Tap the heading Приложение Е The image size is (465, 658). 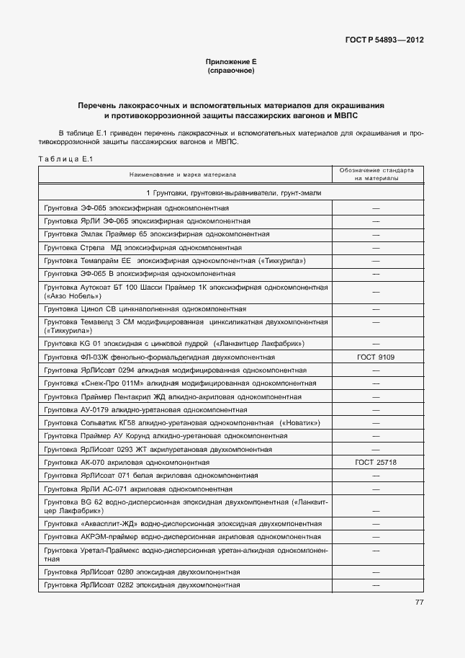[231, 63]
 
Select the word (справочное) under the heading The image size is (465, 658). [231, 71]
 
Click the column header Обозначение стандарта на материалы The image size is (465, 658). [376, 175]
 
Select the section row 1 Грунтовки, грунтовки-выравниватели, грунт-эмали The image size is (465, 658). [232, 194]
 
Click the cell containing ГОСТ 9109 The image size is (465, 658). [376, 357]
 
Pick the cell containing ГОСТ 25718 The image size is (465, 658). [376, 463]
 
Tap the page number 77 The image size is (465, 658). [418, 603]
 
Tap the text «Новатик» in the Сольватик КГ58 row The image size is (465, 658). [300, 423]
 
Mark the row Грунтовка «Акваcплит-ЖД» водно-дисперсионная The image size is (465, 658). [183, 524]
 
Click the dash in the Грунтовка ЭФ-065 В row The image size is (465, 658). [376, 275]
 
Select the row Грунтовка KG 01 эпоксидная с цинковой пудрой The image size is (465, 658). [173, 344]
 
